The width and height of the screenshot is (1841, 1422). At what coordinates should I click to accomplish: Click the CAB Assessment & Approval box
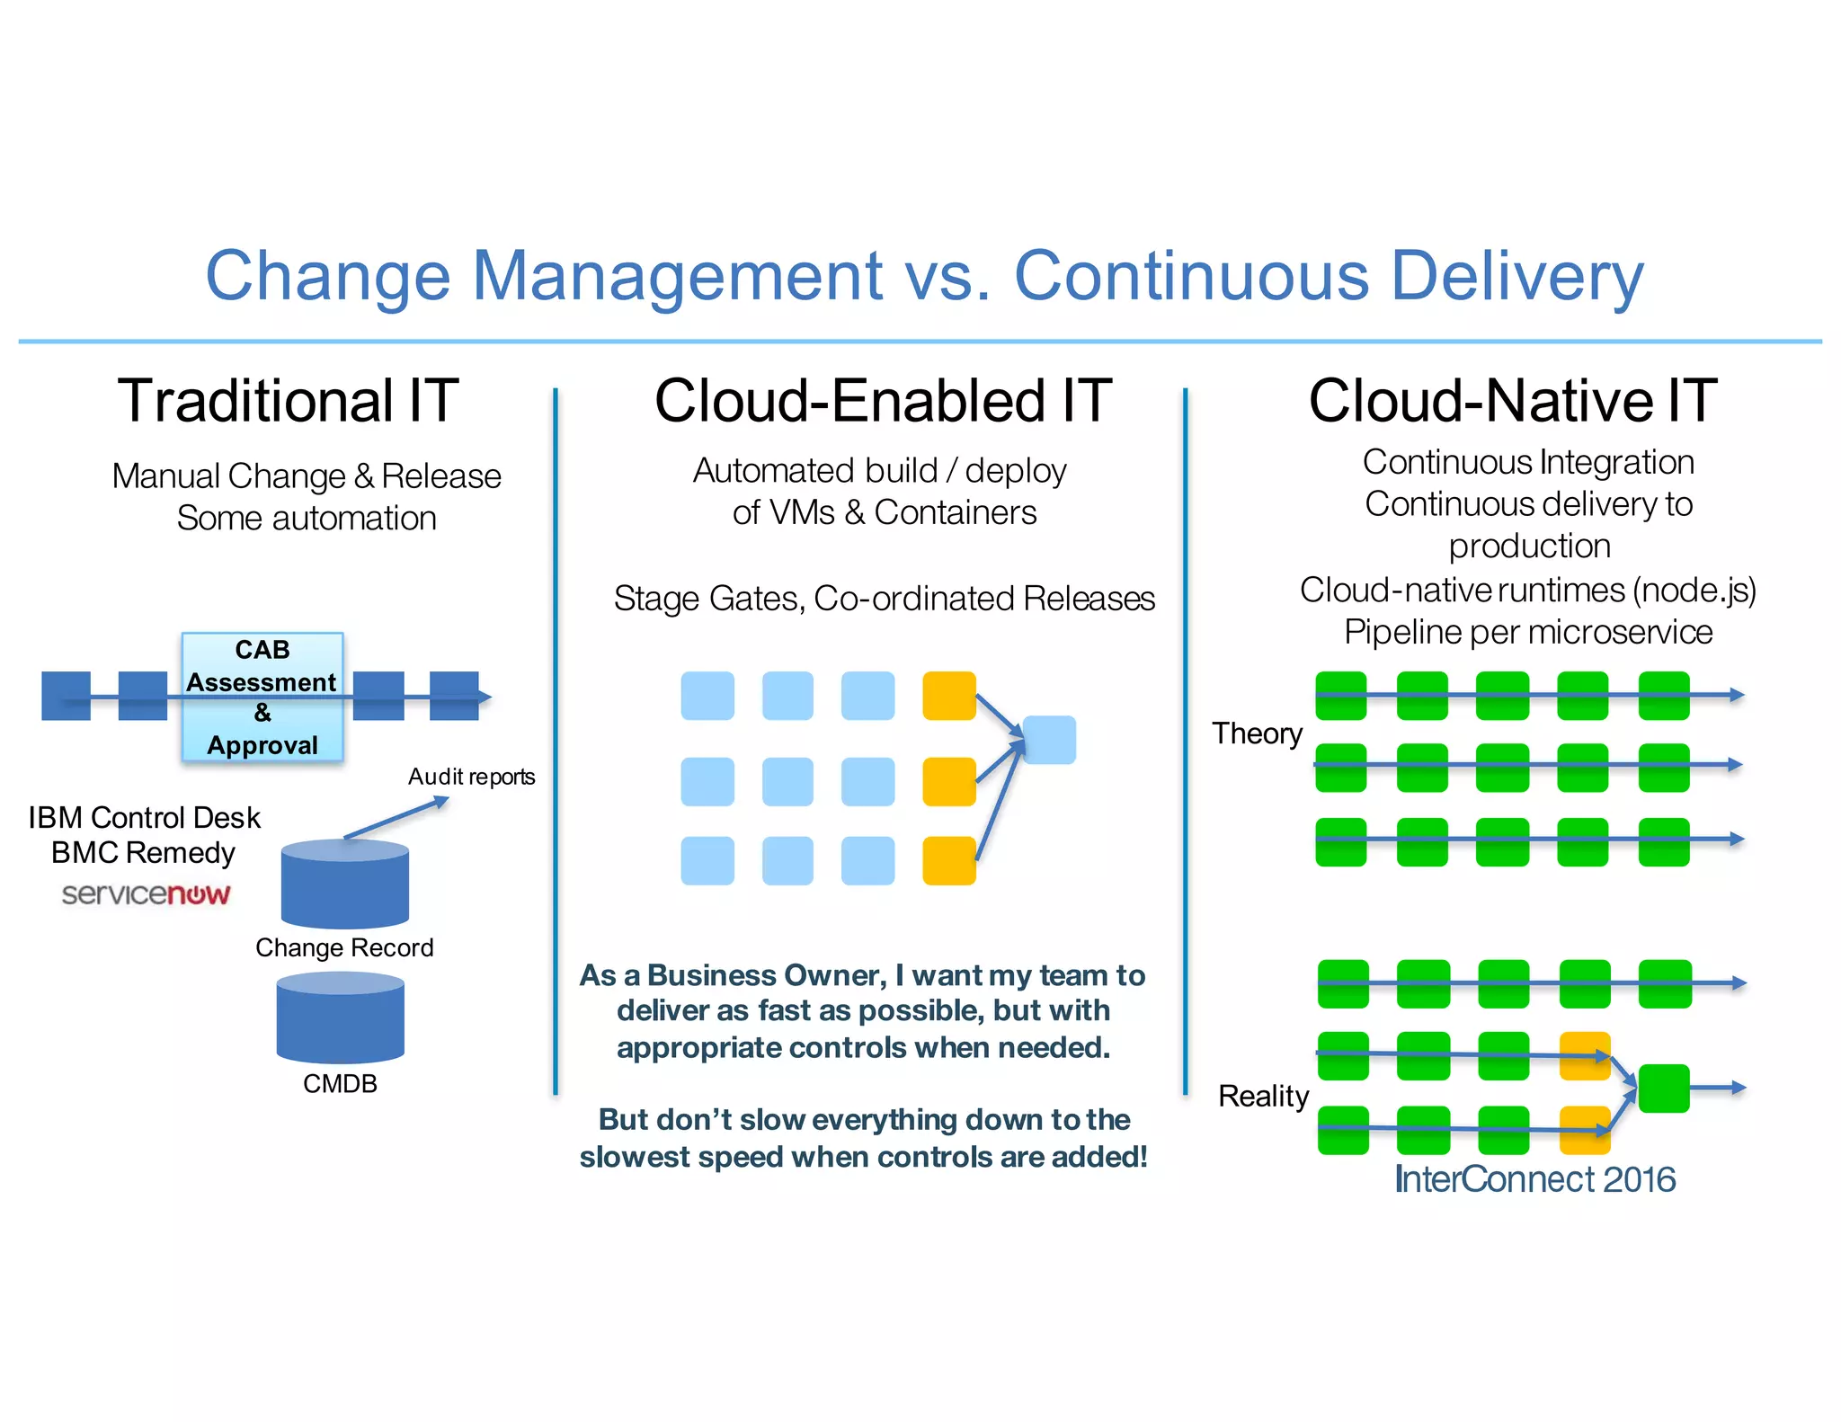click(262, 697)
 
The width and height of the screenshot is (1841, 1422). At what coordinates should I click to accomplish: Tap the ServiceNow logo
click(146, 893)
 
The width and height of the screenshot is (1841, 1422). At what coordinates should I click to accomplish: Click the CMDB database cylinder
click(340, 1018)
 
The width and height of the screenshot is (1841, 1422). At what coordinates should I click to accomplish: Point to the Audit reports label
click(471, 777)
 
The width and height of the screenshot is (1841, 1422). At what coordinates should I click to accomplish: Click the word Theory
click(1257, 733)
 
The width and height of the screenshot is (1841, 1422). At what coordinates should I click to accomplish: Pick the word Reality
click(1263, 1096)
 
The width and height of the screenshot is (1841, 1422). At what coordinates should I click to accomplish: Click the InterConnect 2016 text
click(1534, 1179)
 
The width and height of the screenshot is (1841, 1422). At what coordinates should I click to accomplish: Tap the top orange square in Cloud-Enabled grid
click(949, 696)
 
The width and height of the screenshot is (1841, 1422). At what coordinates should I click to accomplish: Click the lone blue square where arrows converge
click(1049, 740)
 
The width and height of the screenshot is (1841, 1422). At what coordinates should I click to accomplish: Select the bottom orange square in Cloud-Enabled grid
click(949, 860)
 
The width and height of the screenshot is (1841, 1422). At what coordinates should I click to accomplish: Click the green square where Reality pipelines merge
click(1664, 1089)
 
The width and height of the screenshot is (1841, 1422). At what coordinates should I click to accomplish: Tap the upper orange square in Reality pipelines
click(1585, 1056)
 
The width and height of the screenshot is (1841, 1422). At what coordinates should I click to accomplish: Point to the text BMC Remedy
click(143, 852)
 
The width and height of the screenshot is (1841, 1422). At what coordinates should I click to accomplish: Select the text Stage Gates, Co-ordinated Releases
click(884, 599)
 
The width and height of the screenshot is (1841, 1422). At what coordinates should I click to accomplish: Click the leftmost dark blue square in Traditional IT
click(66, 696)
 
